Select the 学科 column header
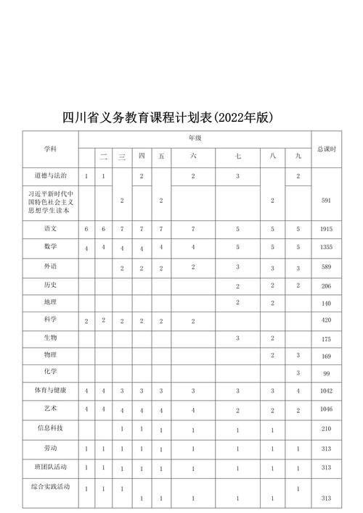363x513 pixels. coord(50,149)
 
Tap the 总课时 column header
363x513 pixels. coord(326,149)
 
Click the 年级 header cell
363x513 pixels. coord(195,137)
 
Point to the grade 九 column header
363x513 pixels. coord(298,157)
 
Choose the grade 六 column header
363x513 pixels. coord(193,157)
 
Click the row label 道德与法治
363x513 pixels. coord(50,176)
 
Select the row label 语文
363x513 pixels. coord(50,228)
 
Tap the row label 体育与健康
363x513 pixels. coord(50,391)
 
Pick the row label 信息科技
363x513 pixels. coord(50,428)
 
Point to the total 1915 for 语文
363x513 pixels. coord(326,229)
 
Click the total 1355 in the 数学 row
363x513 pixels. coord(326,248)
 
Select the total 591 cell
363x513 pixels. coord(326,200)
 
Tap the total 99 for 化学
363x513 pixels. coord(326,373)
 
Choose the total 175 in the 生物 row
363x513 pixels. coord(326,339)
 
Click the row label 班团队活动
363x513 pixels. coord(50,466)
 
